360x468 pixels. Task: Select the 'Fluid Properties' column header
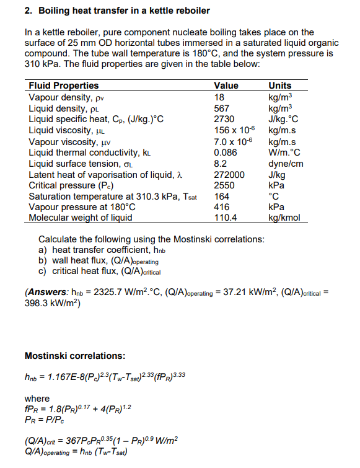(x=63, y=86)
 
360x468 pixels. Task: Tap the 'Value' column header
(x=226, y=86)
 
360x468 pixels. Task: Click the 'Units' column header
(x=279, y=86)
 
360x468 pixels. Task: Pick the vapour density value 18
(x=219, y=96)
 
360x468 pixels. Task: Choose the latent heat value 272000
(x=229, y=174)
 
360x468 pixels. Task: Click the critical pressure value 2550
(x=224, y=185)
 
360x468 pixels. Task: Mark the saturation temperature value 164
(x=221, y=196)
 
